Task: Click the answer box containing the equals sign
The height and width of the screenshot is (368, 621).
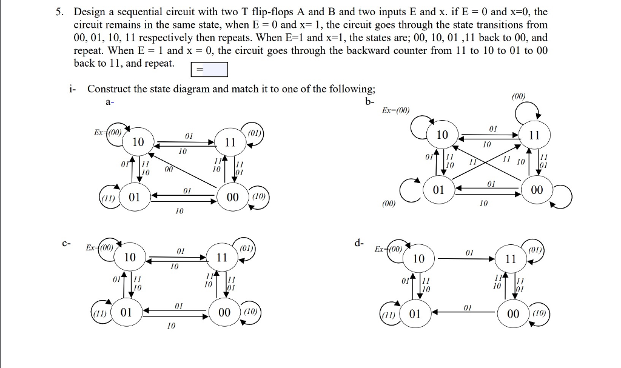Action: tap(209, 70)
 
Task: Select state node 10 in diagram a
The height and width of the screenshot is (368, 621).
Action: tap(138, 142)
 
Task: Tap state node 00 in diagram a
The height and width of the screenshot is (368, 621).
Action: tap(232, 198)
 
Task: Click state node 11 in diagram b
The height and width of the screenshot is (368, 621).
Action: tap(534, 135)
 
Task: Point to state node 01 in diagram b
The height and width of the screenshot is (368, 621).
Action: tap(438, 190)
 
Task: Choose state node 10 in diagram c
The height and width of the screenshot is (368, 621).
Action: tap(130, 258)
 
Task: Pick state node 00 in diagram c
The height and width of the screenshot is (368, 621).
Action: tap(224, 313)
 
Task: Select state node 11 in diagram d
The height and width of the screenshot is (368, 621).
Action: tap(510, 259)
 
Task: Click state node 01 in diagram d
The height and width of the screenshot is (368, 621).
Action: tap(415, 314)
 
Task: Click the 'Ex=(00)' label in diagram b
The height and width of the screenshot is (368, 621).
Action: tap(396, 110)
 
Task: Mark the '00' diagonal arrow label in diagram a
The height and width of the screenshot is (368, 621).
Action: tap(169, 170)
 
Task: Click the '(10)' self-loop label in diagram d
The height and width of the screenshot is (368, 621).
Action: tap(538, 314)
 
